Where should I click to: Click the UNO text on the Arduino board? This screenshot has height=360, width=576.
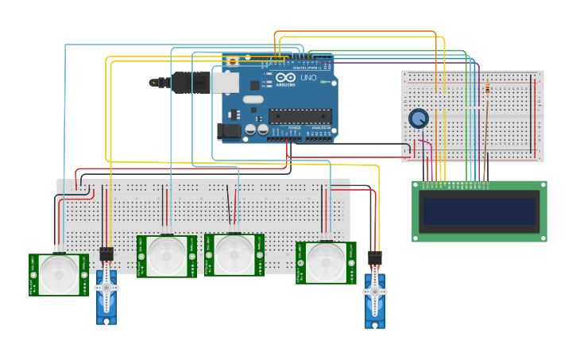(x=308, y=78)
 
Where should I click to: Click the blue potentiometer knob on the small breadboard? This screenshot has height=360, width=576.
(x=419, y=119)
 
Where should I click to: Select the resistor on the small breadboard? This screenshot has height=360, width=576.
(x=486, y=90)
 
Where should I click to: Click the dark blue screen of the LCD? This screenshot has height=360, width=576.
(x=479, y=211)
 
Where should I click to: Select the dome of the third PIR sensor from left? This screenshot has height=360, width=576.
(x=234, y=254)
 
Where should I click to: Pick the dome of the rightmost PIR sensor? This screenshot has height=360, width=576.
(x=326, y=261)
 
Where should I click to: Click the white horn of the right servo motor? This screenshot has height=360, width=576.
(x=375, y=292)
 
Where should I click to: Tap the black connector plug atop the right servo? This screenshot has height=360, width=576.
(x=375, y=258)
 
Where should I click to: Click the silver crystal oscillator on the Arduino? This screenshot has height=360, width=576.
(x=253, y=99)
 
